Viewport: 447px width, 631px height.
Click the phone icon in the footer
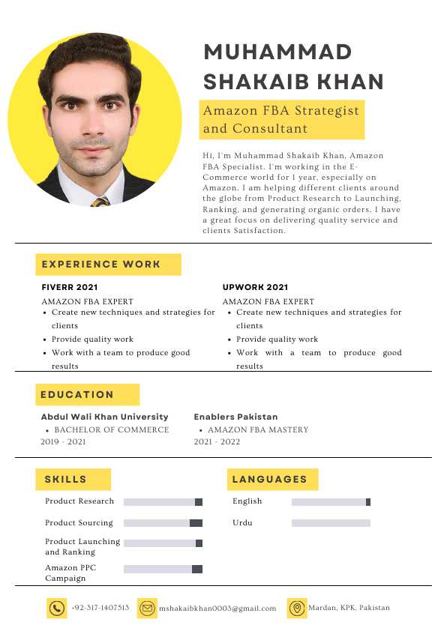click(56, 609)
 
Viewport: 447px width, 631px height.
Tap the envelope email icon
click(147, 609)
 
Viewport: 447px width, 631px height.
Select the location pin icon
click(297, 609)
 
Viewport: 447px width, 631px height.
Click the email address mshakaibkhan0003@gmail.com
click(217, 609)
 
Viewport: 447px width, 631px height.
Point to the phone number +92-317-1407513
click(100, 608)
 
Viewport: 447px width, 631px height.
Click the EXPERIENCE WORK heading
click(101, 264)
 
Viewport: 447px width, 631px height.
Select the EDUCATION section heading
click(77, 394)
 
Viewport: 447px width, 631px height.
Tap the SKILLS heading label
click(65, 479)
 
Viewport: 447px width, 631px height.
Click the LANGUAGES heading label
click(270, 479)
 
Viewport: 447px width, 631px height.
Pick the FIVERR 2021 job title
click(70, 287)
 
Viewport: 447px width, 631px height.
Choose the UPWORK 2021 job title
click(255, 287)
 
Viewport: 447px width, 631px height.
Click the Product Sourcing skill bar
click(163, 523)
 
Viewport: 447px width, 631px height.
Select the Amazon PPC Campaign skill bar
click(163, 570)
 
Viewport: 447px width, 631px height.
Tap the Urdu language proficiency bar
click(331, 523)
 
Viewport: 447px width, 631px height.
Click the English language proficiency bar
click(331, 502)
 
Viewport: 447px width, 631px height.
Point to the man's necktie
click(100, 202)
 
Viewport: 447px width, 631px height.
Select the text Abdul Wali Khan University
click(104, 417)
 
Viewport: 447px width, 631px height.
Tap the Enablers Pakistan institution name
click(235, 417)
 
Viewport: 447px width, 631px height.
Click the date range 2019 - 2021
click(63, 442)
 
